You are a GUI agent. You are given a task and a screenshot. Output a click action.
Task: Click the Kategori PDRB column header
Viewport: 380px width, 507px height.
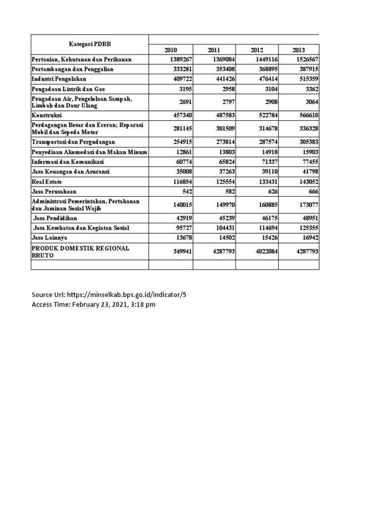(90, 45)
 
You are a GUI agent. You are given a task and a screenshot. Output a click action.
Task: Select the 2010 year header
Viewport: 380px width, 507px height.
(171, 50)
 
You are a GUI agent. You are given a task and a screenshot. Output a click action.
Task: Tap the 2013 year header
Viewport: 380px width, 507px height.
(298, 50)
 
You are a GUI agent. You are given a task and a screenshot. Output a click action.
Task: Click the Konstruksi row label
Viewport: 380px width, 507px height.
(46, 114)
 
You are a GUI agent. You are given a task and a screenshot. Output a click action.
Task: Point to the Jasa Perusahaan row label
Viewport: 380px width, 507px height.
(54, 191)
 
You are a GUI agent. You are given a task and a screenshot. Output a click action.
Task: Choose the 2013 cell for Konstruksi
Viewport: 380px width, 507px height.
(305, 114)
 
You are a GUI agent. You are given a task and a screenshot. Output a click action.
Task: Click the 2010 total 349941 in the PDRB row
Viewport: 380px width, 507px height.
(180, 251)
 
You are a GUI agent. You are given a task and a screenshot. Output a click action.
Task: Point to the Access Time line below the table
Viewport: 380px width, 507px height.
(94, 304)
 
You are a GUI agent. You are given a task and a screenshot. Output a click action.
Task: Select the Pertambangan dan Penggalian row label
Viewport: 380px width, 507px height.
(73, 69)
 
